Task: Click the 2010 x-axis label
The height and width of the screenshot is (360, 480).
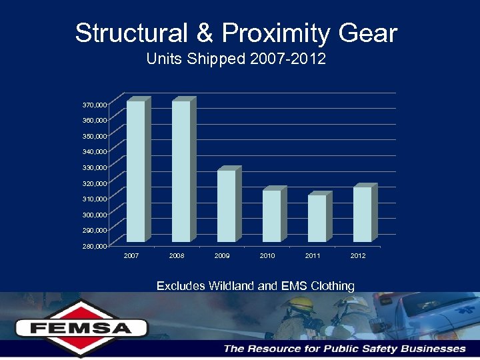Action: coord(267,255)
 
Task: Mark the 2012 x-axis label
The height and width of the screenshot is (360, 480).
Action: coord(358,255)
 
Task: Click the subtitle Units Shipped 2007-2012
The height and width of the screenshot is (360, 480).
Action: coord(236,59)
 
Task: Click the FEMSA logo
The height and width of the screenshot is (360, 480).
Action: coord(81,327)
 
